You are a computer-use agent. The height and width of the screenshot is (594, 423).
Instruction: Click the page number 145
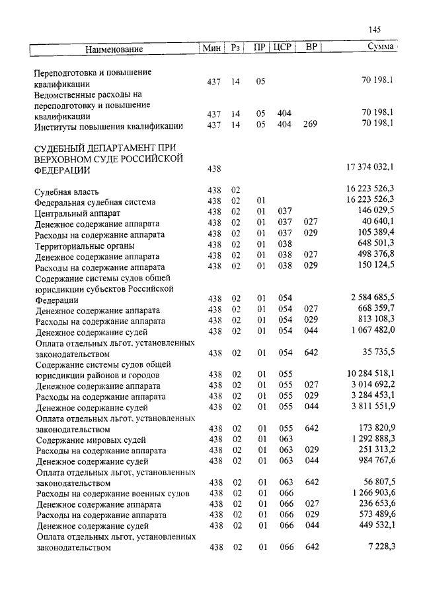coord(375,30)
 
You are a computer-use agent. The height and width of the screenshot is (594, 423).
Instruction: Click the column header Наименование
coord(114,49)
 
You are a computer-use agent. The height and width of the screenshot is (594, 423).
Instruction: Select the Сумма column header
coord(381,48)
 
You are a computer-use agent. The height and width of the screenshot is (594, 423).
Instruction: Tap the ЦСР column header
coord(283,48)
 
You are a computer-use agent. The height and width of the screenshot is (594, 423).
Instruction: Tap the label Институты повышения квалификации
coord(109,126)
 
